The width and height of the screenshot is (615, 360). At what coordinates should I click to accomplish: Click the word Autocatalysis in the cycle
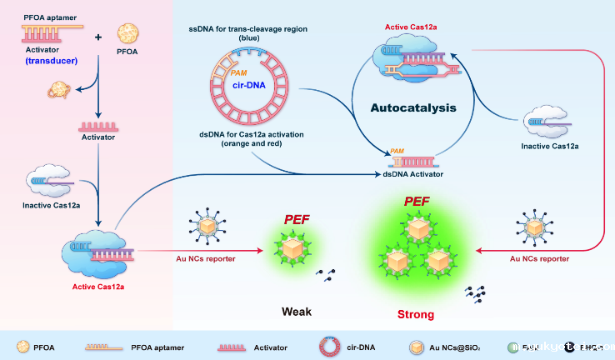(x=413, y=108)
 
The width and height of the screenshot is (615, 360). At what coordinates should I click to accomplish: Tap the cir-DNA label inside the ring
(x=244, y=84)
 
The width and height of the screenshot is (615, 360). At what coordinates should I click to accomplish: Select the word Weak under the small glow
(x=296, y=311)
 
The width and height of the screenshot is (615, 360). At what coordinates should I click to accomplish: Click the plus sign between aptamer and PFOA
(x=99, y=37)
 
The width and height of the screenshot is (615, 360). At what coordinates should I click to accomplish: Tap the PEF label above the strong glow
(x=417, y=202)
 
